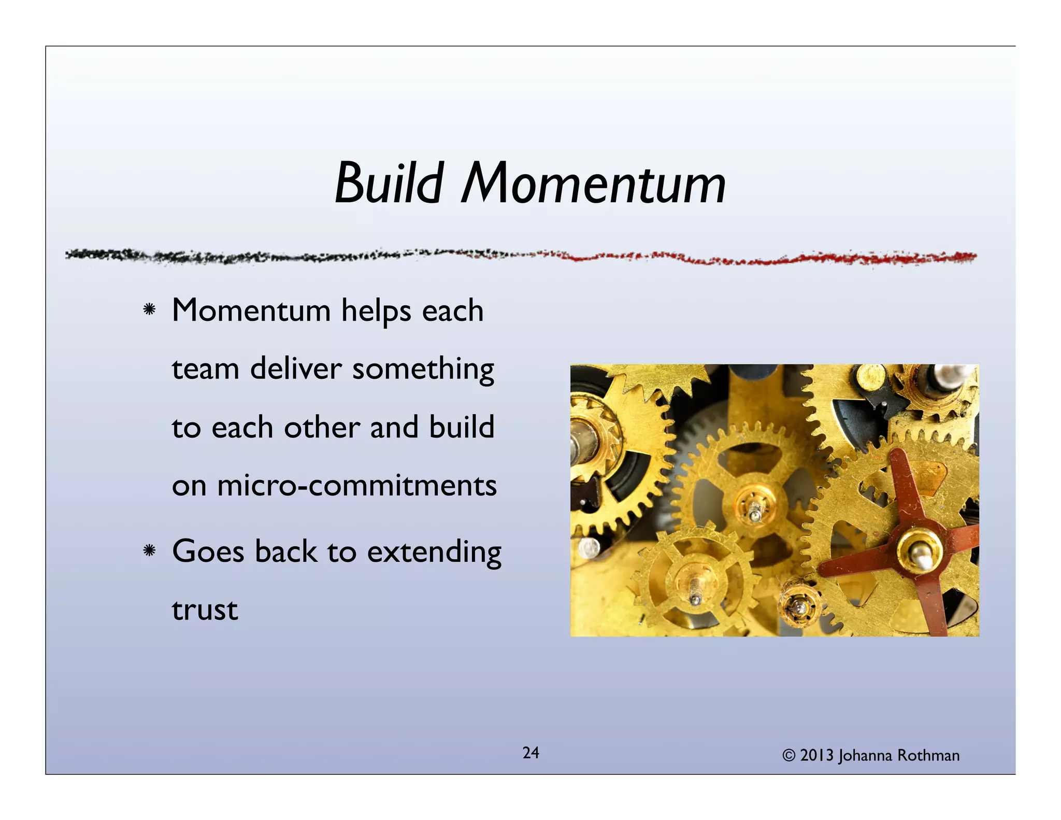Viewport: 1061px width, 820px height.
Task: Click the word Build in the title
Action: click(389, 183)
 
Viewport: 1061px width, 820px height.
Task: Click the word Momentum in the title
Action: click(593, 183)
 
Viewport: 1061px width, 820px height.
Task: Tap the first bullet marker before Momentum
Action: click(149, 310)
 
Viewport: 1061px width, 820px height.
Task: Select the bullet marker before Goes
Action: click(149, 550)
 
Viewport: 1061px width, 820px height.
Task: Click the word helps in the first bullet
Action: click(376, 311)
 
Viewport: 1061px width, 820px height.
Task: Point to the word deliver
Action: click(296, 369)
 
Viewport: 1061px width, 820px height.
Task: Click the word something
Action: click(423, 370)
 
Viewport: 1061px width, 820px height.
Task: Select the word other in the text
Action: click(321, 428)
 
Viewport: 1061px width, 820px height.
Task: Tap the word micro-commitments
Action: click(357, 486)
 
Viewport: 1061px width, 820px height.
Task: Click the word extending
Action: click(434, 552)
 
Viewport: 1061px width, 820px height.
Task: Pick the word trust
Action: click(205, 610)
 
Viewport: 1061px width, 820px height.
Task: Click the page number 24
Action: click(530, 753)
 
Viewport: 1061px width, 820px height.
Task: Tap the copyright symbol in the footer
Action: click(788, 756)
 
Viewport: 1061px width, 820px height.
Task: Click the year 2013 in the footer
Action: click(817, 756)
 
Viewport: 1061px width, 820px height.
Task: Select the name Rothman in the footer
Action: click(928, 756)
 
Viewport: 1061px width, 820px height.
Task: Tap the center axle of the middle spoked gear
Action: click(755, 505)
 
